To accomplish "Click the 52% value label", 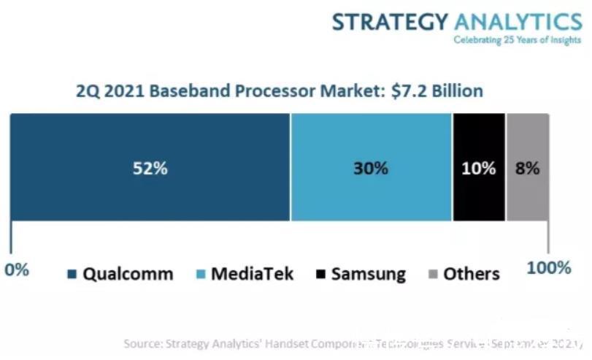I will [x=151, y=168].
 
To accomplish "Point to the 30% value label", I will [x=371, y=168].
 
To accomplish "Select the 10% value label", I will [x=478, y=168].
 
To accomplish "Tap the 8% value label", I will [x=527, y=168].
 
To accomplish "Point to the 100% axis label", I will [x=548, y=268].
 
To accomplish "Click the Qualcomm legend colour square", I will [x=72, y=275].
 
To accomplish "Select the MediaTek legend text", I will [x=252, y=274].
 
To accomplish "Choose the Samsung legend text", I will [x=368, y=274].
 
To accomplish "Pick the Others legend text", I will [x=472, y=274].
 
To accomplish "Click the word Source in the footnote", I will [x=143, y=343].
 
